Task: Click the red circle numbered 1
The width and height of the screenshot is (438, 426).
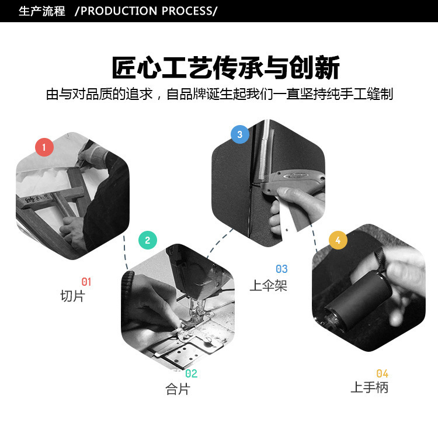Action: (44, 147)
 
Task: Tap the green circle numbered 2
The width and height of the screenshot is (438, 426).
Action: (148, 240)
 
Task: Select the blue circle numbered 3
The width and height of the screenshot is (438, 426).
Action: (239, 134)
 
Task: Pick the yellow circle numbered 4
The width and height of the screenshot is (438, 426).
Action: (338, 240)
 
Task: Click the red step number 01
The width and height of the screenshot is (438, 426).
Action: (86, 282)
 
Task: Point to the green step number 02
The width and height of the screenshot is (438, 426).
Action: (192, 374)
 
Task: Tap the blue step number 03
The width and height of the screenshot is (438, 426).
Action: (281, 269)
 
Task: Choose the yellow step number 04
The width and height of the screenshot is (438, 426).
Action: (382, 374)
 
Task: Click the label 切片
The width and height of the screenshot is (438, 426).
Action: (72, 296)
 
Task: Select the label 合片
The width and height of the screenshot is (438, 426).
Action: (178, 389)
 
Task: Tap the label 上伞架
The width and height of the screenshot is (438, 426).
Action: (269, 285)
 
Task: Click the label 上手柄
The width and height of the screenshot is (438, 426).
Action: (369, 387)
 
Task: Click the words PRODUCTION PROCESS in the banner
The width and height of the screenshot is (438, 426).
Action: (147, 11)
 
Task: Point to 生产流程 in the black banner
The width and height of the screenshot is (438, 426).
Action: (42, 11)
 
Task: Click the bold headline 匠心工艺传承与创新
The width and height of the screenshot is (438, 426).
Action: (225, 67)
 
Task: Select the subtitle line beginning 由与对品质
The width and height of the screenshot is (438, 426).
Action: (220, 94)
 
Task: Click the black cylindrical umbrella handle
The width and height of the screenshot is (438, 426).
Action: (357, 299)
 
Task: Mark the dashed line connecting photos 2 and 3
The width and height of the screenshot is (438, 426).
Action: (219, 243)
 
